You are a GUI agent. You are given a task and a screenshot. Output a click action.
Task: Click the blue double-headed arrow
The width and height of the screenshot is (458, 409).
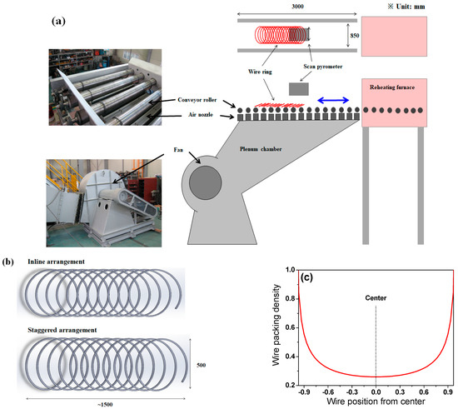[x=336, y=100]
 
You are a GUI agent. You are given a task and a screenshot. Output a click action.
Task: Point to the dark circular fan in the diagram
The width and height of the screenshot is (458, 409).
[x=202, y=182]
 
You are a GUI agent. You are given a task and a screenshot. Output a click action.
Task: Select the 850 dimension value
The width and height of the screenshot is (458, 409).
[x=353, y=37]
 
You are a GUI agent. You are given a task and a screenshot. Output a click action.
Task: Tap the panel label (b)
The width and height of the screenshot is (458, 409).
[x=8, y=261]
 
